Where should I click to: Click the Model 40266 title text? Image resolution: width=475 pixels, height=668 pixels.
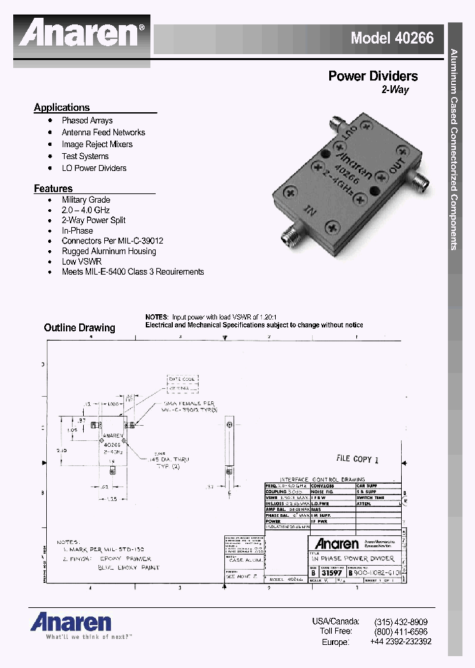tap(392, 38)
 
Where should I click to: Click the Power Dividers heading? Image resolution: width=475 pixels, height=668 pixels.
tap(373, 77)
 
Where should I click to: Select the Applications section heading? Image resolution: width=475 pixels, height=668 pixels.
tap(61, 108)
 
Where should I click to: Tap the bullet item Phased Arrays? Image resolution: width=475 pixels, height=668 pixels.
tap(87, 121)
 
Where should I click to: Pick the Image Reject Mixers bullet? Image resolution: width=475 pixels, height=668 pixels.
tap(97, 145)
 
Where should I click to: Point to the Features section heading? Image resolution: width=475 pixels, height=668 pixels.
tap(53, 189)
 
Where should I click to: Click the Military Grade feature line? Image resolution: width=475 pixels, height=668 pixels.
tap(86, 200)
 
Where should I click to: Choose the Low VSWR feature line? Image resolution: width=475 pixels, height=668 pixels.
tap(81, 261)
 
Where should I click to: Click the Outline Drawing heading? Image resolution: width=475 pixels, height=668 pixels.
tap(79, 327)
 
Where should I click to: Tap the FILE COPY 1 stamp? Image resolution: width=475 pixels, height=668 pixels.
tap(358, 459)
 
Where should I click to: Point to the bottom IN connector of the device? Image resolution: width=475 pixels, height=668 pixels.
tap(289, 232)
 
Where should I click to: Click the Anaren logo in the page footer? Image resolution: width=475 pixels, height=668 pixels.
tap(71, 622)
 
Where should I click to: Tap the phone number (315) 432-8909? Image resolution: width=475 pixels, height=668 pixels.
tap(400, 622)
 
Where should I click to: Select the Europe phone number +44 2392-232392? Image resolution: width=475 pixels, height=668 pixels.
tap(400, 642)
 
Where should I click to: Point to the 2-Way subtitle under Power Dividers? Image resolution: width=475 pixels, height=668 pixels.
tap(395, 90)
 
